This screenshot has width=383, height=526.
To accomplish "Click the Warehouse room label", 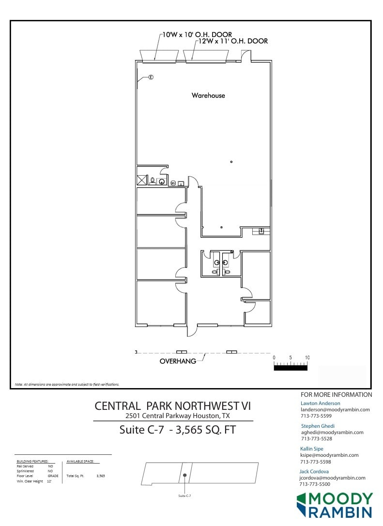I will coord(208,95).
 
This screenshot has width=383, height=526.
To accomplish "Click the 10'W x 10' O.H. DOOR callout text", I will coord(197,35).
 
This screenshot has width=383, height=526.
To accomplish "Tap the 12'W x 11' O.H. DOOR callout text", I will coord(232,42).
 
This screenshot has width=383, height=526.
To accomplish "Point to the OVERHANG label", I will coord(178,361).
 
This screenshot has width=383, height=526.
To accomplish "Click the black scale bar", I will coord(291,367).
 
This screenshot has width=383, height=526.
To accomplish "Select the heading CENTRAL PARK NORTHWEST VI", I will coord(173,406).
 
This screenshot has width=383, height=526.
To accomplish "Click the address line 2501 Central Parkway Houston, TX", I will coord(177,416).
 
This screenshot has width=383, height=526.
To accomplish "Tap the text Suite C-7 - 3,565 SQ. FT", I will coord(177,430).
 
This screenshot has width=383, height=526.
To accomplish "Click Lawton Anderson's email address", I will coord(335,409).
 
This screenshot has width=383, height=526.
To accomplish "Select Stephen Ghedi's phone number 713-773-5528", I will coord(317,439).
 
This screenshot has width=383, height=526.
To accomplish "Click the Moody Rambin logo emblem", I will coord(302,505).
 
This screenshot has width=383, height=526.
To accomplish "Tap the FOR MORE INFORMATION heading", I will coord(337,395).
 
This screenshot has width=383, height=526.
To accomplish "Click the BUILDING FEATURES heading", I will coord(32,461).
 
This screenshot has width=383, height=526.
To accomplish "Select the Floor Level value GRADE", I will coord(53,476).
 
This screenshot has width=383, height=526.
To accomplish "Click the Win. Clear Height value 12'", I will coord(49,481).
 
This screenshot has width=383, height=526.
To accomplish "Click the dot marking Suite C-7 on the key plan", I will coord(185,475).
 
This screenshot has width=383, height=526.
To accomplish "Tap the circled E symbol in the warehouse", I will coord(151,77).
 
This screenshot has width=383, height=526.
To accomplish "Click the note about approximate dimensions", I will coord(67,384).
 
